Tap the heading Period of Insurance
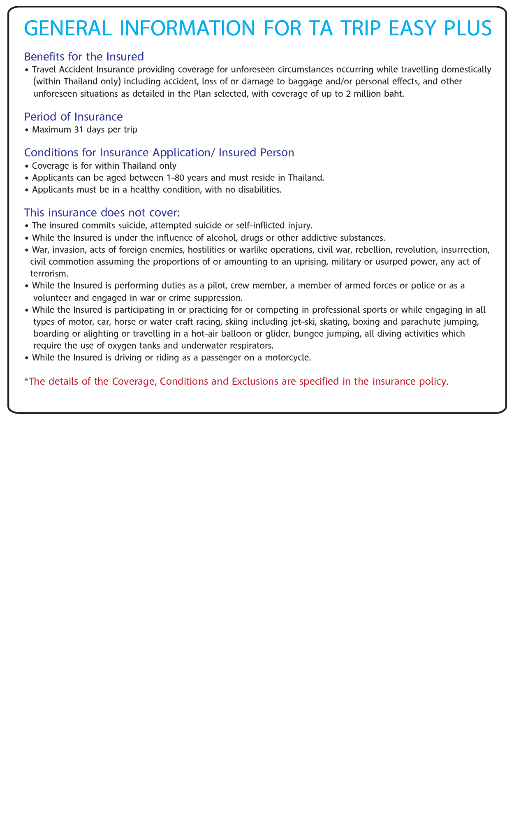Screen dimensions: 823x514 (74, 116)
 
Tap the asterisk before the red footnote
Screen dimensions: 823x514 (26, 381)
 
